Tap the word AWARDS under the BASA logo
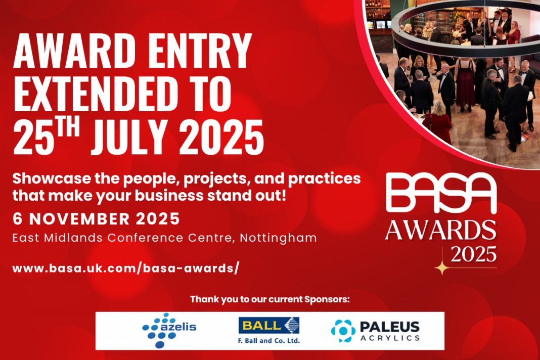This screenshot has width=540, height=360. [x=440, y=231]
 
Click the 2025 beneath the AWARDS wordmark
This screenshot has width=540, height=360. [x=474, y=254]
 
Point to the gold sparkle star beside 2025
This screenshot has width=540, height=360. [x=442, y=267]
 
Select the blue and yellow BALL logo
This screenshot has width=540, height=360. [x=269, y=326]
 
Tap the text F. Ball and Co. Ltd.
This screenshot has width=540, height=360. [x=269, y=341]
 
